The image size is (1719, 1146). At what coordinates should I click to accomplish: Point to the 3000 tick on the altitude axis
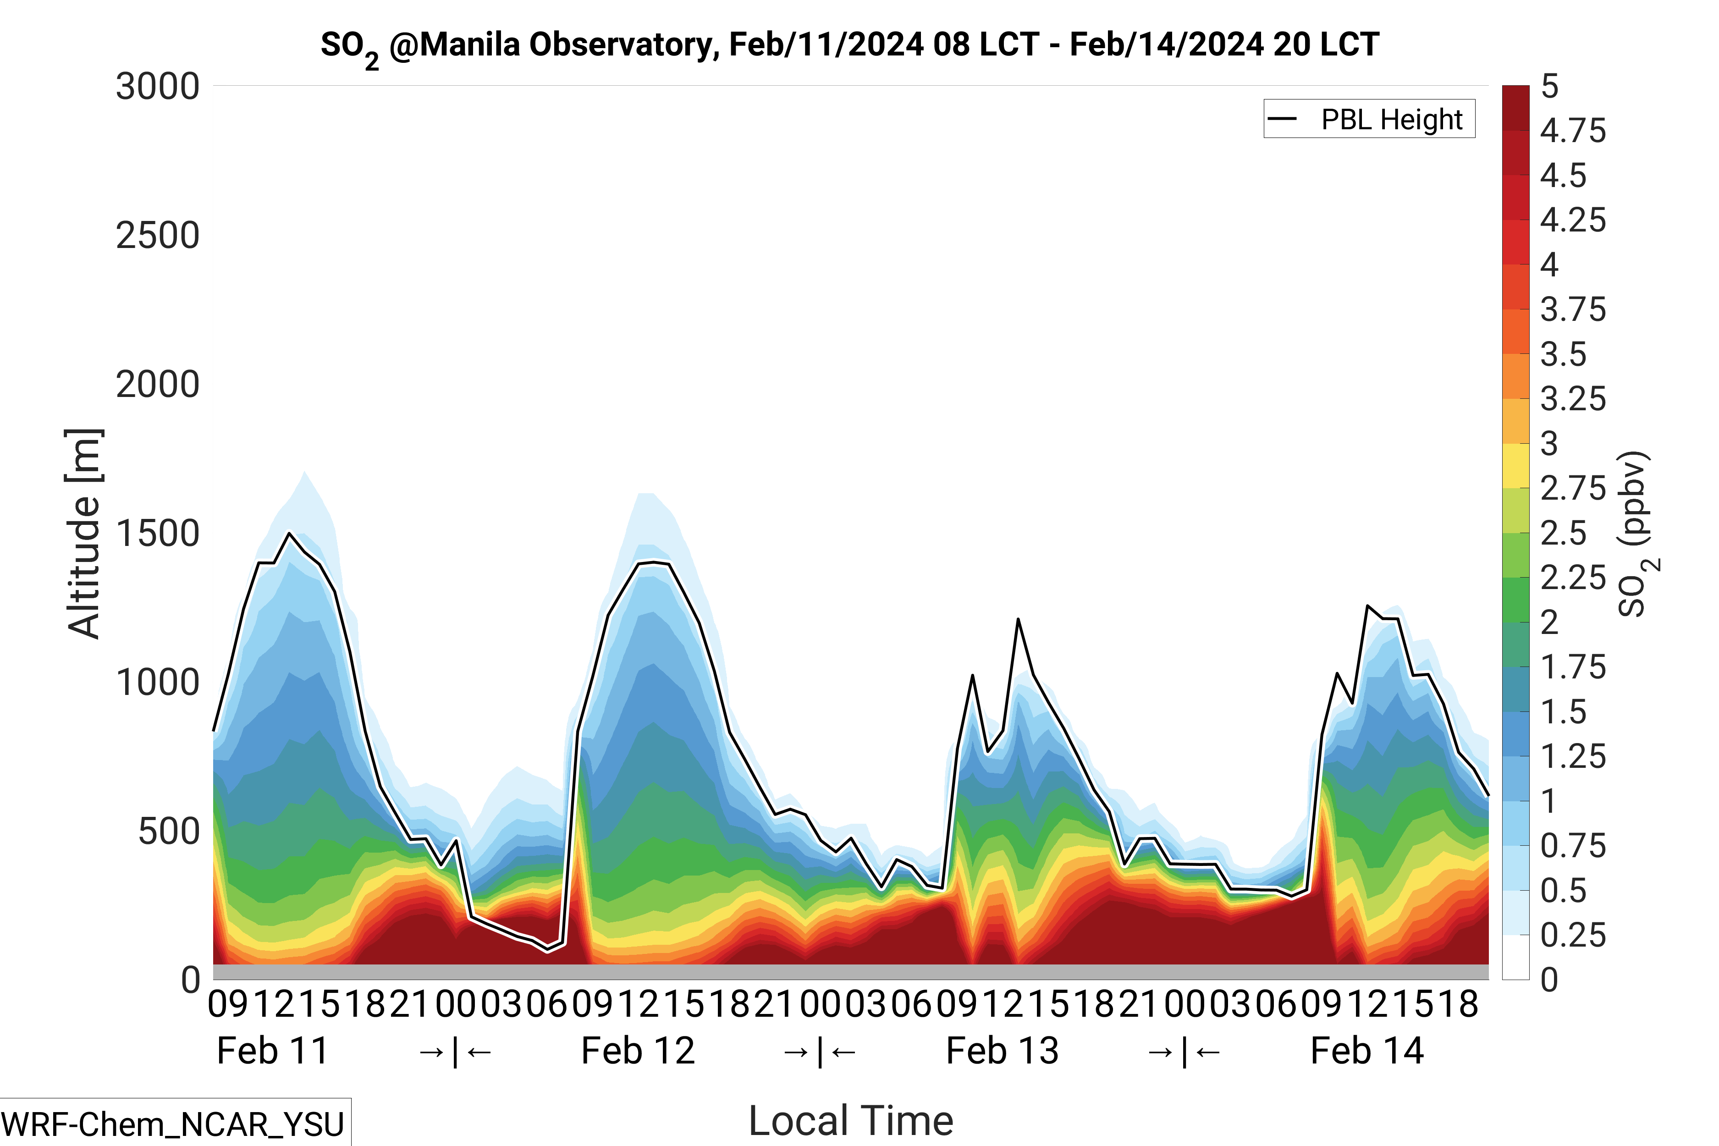point(157,87)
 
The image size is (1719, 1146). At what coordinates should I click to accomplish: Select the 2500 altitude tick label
point(157,236)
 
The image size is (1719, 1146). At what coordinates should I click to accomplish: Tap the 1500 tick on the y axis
point(157,534)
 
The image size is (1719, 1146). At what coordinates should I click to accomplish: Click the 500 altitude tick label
point(168,832)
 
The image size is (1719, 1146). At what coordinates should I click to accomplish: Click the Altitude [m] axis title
point(84,534)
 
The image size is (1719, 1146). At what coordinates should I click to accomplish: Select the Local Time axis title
point(851,1120)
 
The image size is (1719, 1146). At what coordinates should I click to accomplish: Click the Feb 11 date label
point(273,1051)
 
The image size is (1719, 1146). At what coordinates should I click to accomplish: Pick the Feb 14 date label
point(1367,1051)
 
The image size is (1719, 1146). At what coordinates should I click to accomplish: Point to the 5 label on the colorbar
point(1549,87)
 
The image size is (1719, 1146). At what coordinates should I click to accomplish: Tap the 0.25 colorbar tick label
point(1573,935)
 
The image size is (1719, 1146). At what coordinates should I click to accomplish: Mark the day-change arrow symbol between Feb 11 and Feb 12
point(455,1052)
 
